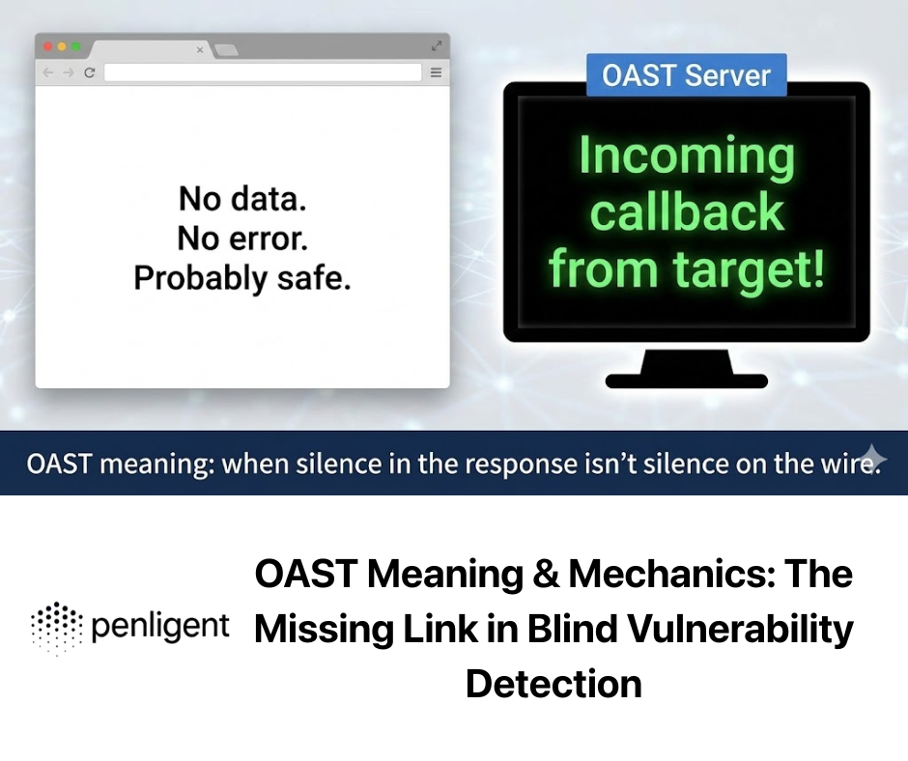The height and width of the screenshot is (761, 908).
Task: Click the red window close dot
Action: coord(48,46)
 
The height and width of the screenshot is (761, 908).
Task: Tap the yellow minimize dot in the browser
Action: coord(62,46)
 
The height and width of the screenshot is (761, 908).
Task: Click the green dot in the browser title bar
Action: coord(76,46)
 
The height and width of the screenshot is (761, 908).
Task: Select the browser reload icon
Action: coord(89,72)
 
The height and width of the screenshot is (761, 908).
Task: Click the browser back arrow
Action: coord(48,72)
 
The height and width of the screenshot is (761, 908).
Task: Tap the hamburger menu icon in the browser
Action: coord(436,72)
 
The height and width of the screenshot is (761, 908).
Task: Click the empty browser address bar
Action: coord(263,72)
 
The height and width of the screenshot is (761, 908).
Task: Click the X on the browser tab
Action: coord(200,50)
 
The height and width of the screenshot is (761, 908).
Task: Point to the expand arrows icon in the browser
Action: coord(437,45)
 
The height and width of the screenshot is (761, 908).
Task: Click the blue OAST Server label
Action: coord(686,75)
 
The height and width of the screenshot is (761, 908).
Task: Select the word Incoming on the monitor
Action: coord(687,156)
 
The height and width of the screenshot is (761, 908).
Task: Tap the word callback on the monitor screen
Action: coord(687,211)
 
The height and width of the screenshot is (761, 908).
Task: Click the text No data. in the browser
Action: coord(242,199)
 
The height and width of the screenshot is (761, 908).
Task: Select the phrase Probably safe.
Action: coord(242,278)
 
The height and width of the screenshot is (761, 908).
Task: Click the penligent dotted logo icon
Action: coord(57,628)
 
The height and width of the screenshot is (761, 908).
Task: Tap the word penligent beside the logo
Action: coord(160,627)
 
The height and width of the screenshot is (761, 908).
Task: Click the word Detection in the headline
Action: coord(553,684)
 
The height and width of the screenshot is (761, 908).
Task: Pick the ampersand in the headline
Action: coord(546,574)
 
